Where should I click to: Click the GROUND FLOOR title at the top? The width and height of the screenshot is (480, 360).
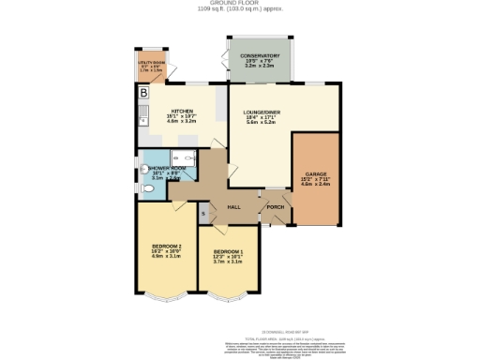(x=240, y=4)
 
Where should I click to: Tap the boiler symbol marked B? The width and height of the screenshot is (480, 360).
(x=143, y=94)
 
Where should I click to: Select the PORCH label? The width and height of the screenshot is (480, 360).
(x=275, y=206)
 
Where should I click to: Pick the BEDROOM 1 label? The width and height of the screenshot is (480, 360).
(x=229, y=252)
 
